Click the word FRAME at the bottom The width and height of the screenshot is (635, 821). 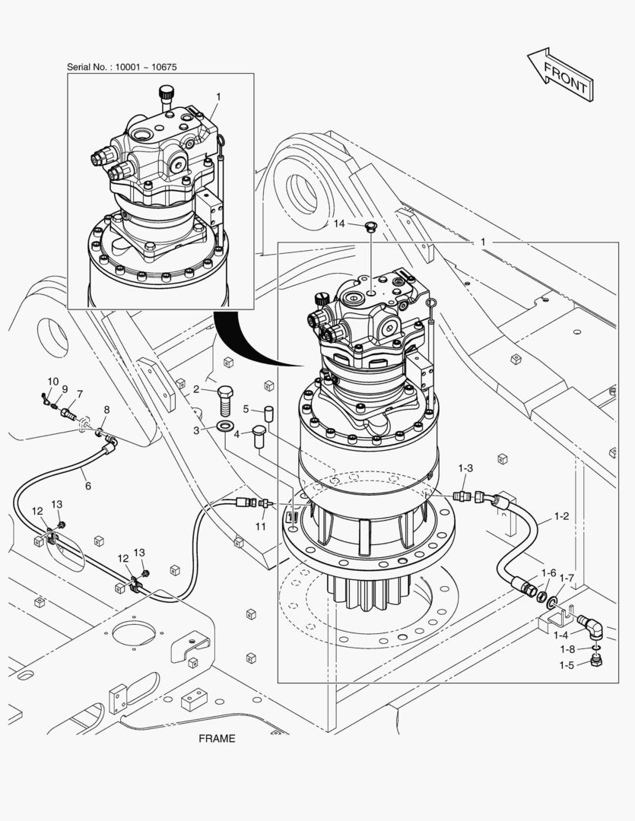pos(217,738)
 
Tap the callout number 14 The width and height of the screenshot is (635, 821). pos(339,223)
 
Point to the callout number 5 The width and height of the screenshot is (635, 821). pos(246,409)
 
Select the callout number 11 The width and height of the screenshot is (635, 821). pos(261,526)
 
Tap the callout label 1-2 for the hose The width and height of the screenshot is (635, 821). pos(561,516)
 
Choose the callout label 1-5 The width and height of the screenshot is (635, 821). pos(567,665)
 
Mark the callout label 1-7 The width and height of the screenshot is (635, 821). pos(567,579)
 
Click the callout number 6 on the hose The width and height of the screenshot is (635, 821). pos(87,486)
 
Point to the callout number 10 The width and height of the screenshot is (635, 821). pos(52,382)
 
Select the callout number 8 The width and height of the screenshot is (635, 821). pos(106,410)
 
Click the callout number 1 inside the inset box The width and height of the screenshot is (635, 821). pos(218,97)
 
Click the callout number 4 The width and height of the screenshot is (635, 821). pos(236,434)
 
